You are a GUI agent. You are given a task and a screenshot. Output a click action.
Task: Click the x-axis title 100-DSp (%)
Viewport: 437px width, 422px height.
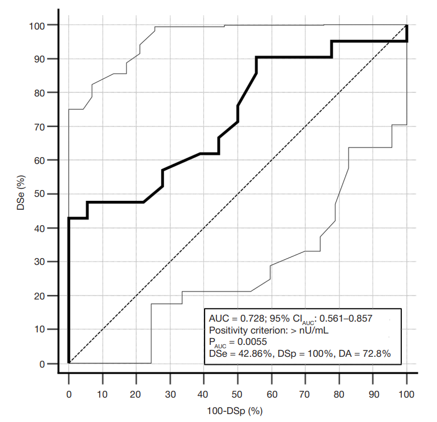click(237, 410)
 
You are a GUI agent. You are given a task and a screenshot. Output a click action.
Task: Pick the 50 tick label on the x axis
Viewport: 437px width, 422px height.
click(237, 393)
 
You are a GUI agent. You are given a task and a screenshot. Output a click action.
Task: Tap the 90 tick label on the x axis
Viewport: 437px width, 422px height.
click(373, 393)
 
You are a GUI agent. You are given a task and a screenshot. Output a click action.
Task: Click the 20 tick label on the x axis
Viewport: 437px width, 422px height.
click(136, 393)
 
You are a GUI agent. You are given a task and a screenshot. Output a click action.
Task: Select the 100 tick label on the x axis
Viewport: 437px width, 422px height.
click(406, 393)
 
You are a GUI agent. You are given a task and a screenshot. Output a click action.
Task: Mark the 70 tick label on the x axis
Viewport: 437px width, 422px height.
click(306, 393)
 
